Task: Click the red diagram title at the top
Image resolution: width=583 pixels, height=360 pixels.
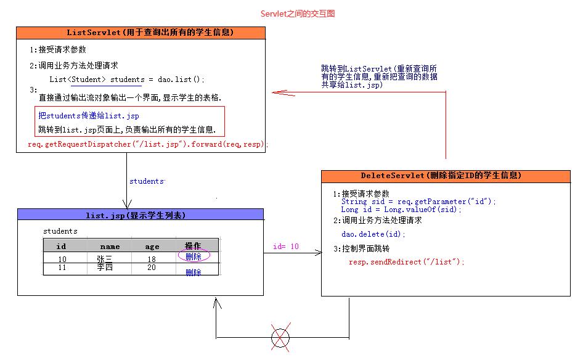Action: [x=298, y=14]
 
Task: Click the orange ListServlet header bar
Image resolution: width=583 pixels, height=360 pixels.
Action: [x=141, y=33]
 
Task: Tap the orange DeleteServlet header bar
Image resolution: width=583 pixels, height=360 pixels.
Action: [x=445, y=176]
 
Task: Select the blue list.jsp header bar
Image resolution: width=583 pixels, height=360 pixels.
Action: [x=141, y=215]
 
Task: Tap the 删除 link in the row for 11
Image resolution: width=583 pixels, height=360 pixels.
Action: [x=194, y=272]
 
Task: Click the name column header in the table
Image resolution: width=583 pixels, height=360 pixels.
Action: [x=110, y=246]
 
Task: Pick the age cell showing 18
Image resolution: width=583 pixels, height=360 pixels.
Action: [x=152, y=260]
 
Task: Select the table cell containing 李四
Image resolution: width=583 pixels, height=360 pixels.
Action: [x=105, y=268]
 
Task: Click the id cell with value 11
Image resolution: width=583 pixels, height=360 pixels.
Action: [x=62, y=268]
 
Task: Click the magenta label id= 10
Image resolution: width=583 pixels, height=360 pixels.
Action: [x=285, y=247]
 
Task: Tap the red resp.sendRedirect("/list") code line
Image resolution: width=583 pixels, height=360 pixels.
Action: [x=407, y=262]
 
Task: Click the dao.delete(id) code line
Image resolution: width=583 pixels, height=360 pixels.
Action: [x=373, y=234]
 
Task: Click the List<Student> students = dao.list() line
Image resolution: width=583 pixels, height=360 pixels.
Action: [x=126, y=80]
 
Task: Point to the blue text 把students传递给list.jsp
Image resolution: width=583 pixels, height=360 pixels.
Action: [x=89, y=115]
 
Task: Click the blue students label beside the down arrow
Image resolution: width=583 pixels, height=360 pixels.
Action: [x=147, y=181]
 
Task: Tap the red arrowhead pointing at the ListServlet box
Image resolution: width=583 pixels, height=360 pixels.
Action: [x=279, y=92]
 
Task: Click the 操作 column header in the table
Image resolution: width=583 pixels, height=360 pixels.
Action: [x=193, y=246]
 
